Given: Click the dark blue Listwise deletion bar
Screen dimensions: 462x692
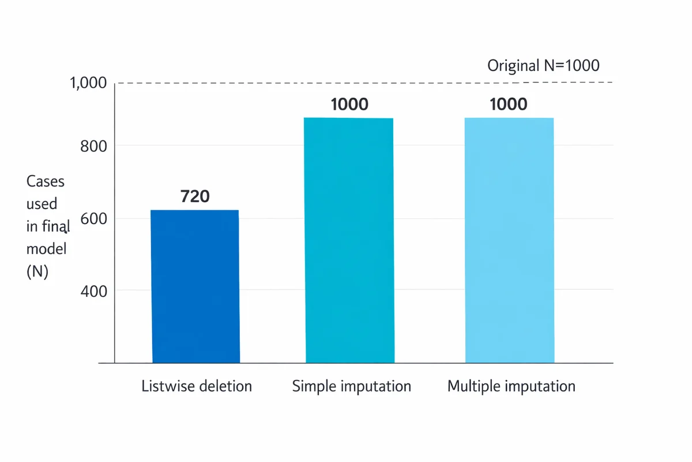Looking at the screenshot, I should click(195, 286).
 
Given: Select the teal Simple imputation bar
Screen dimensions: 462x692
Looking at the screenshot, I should click(349, 240).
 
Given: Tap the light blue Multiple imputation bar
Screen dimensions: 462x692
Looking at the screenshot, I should click(509, 240).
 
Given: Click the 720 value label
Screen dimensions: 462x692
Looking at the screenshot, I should click(195, 196).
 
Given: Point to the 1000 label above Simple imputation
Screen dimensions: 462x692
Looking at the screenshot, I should click(349, 105).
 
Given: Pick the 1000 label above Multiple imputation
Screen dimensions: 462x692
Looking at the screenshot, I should click(508, 105).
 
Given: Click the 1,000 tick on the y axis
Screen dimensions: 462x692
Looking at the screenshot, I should click(88, 83).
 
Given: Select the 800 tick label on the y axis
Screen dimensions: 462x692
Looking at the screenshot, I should click(93, 146).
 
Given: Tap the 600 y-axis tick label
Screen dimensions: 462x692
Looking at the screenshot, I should click(93, 219).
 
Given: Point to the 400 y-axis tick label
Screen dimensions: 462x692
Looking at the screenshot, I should click(93, 292).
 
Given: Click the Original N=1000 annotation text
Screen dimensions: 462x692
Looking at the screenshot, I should click(543, 65).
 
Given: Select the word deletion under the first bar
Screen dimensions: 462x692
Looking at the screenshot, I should click(225, 386).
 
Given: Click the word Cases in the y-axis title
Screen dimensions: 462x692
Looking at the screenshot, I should click(46, 181).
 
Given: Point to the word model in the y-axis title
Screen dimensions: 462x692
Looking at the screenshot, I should click(46, 249).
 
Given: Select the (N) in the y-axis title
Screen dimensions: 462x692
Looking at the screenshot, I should click(37, 271).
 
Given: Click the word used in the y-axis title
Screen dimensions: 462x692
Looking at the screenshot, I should click(42, 204).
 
